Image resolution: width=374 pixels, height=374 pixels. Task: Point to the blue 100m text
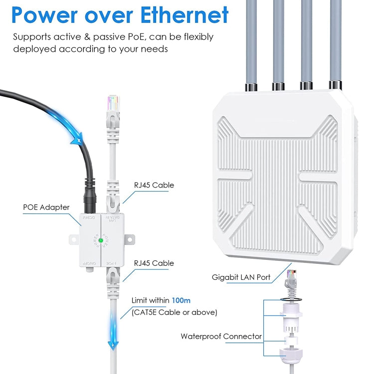coord(181,301)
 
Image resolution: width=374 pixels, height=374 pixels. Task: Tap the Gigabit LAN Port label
coord(241,277)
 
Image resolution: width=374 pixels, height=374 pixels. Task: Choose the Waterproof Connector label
coord(221,336)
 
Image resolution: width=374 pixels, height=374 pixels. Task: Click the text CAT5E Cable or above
coord(174,312)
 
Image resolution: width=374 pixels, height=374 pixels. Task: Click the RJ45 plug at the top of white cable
coord(113,107)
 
